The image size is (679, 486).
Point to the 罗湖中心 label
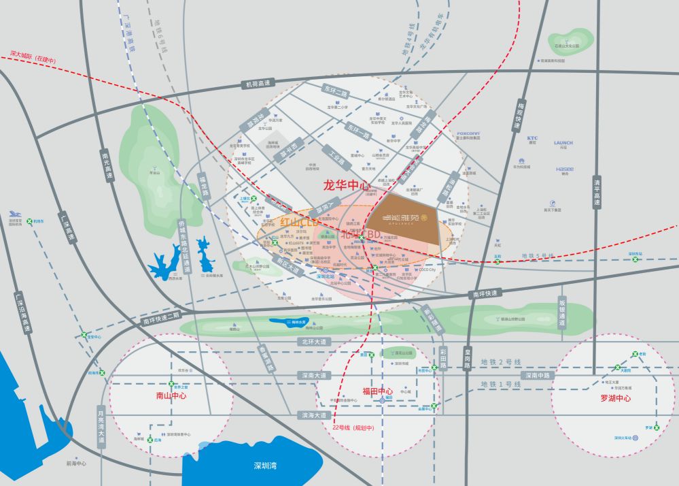615,398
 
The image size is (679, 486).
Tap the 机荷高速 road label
258,84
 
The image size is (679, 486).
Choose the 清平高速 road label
597,193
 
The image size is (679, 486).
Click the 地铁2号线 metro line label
500,362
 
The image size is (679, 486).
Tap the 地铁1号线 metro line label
500,385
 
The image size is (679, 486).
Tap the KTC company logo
532,138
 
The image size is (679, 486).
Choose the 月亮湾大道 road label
101,425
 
